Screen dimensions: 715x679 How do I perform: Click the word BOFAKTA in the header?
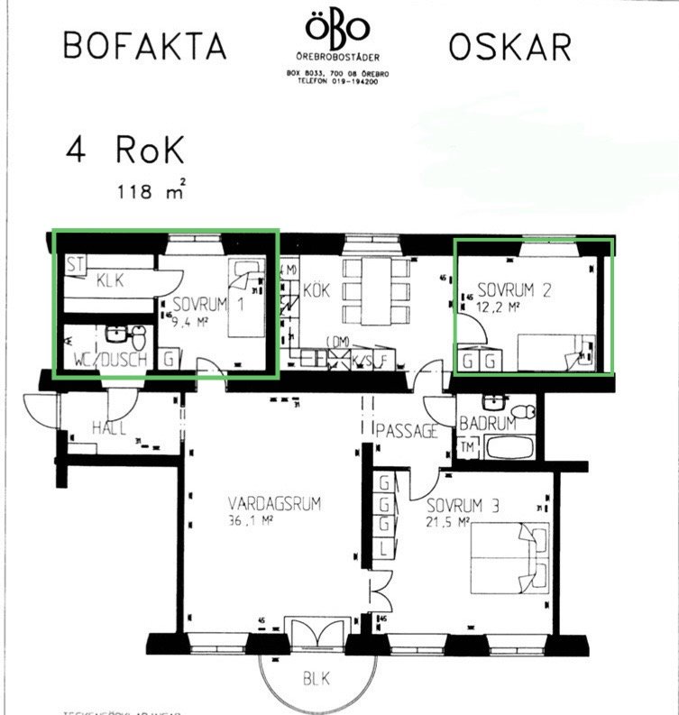pos(145,46)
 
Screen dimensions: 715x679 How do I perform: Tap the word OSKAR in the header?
pos(509,46)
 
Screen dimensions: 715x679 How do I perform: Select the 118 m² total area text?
pos(151,190)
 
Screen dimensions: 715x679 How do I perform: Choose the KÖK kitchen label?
pos(315,291)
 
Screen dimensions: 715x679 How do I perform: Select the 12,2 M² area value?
pos(500,307)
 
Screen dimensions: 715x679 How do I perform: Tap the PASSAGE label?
pos(407,431)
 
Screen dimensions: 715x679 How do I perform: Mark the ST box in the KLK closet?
pos(76,265)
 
